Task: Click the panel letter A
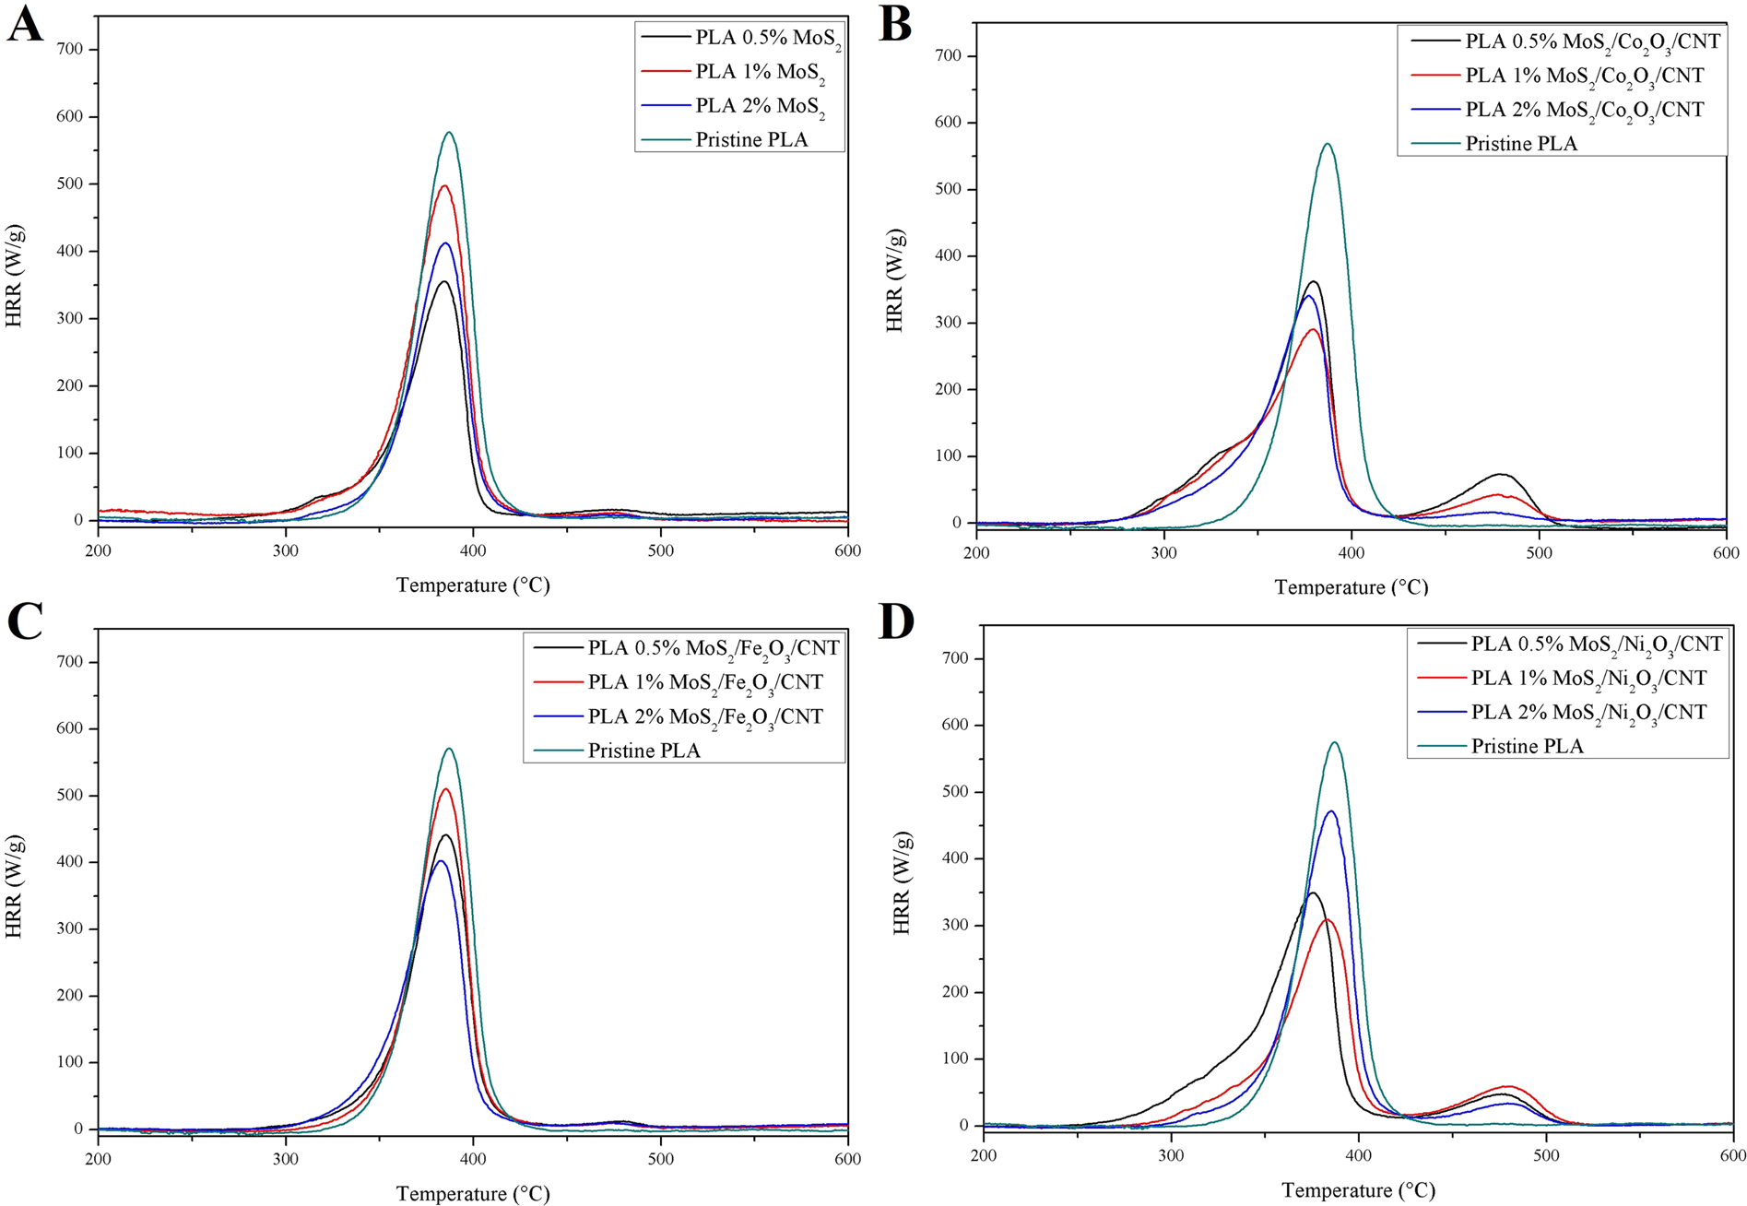tap(25, 25)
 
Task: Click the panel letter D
tap(896, 622)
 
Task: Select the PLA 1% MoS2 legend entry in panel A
tap(760, 72)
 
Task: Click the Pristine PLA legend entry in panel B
tap(1521, 144)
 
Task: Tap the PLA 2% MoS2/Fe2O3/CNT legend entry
tap(705, 716)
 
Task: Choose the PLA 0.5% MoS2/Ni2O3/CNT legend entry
tap(1596, 644)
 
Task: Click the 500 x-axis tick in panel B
tap(1539, 552)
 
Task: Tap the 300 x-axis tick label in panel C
tap(286, 1158)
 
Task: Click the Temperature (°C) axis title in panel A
tap(473, 585)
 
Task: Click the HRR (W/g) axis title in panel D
tap(902, 883)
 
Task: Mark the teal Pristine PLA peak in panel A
tap(450, 132)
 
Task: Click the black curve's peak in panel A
tap(444, 281)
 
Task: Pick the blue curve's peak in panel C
tap(441, 860)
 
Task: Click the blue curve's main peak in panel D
tap(1331, 811)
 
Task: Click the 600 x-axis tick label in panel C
tap(847, 1158)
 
